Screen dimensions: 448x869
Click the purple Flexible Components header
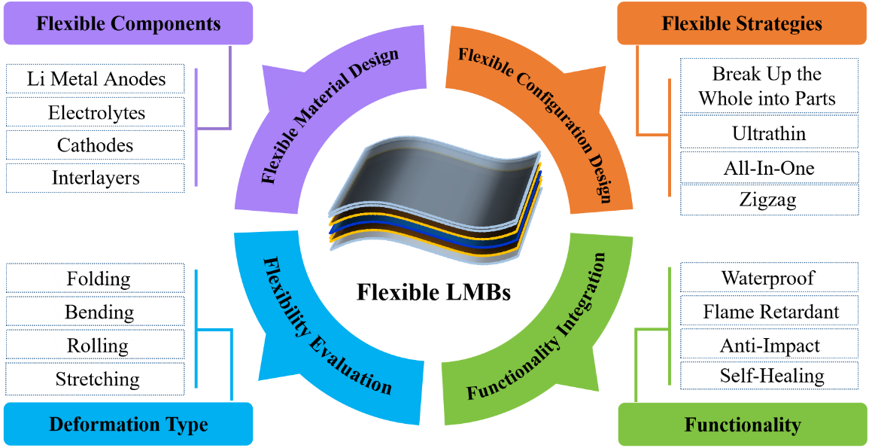click(x=128, y=23)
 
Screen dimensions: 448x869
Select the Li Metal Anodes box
click(x=96, y=79)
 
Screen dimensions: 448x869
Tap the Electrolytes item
click(x=96, y=112)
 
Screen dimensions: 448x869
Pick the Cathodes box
click(x=96, y=145)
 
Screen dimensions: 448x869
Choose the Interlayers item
click(x=96, y=178)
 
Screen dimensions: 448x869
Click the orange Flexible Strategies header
click(x=741, y=23)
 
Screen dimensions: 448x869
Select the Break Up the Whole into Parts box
click(x=769, y=86)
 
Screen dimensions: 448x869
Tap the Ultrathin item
click(x=769, y=133)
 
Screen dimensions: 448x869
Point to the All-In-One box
click(x=769, y=167)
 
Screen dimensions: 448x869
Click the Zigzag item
click(x=769, y=200)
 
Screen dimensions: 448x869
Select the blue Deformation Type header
click(x=128, y=424)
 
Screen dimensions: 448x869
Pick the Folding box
click(x=96, y=279)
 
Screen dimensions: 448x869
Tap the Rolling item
click(x=96, y=346)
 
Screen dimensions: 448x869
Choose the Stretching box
click(x=96, y=379)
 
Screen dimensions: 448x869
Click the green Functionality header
click(x=742, y=425)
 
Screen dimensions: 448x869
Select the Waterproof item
click(x=769, y=277)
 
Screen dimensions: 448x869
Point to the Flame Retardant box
click(x=769, y=311)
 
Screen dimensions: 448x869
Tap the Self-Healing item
click(x=769, y=375)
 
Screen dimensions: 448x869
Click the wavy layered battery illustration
click(x=434, y=200)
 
